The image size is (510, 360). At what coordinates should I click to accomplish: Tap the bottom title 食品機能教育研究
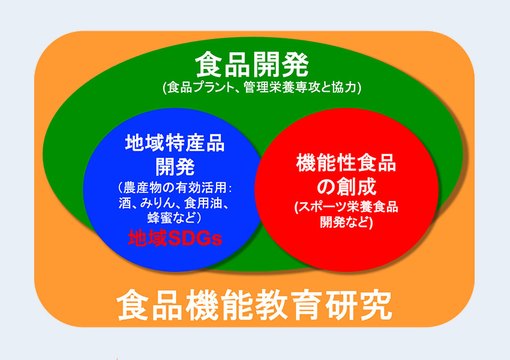click(254, 305)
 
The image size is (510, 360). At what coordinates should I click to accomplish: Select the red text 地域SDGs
click(175, 238)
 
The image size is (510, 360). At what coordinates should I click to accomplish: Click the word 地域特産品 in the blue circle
click(175, 143)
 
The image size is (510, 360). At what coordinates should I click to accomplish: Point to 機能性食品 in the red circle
click(346, 163)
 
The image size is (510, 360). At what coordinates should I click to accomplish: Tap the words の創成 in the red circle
click(346, 186)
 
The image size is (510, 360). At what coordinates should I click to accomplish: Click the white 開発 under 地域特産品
click(175, 167)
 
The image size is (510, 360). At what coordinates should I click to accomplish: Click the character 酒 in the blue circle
click(125, 203)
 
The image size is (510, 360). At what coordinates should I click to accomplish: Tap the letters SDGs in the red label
click(195, 238)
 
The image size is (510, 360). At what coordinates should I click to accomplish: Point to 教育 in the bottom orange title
click(289, 305)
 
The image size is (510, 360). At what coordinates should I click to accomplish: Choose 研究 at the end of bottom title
click(359, 305)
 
